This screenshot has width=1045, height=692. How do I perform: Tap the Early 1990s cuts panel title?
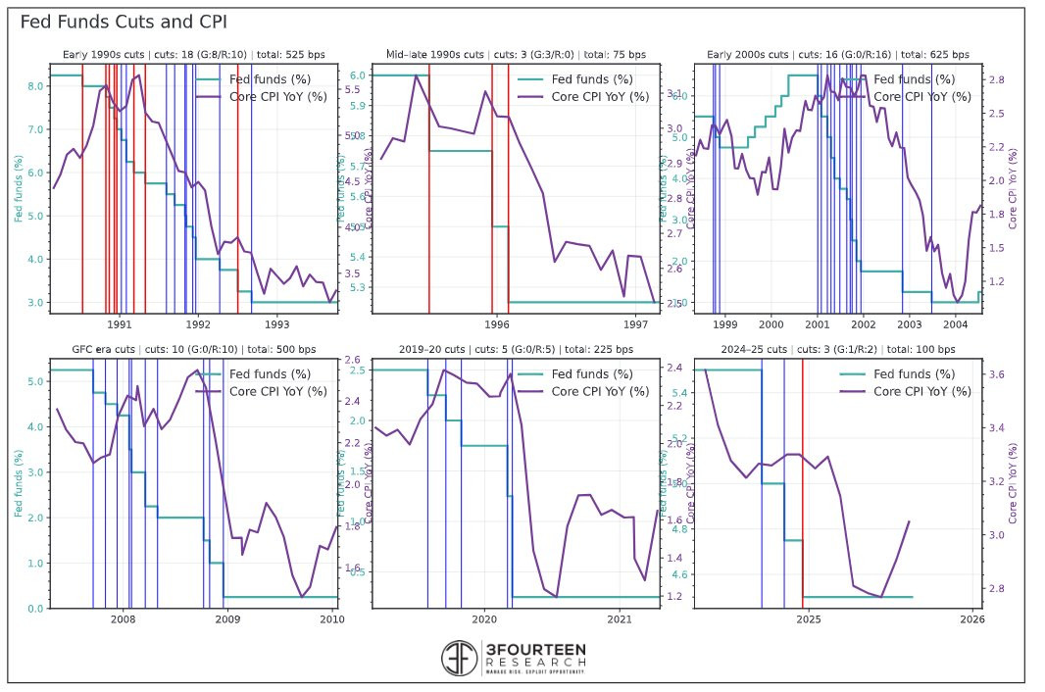point(193,55)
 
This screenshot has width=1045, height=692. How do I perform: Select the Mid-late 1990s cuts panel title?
point(516,55)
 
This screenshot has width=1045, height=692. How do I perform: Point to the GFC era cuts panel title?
point(193,349)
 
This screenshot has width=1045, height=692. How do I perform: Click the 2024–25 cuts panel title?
point(836,349)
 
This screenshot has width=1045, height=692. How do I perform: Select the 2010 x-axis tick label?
point(331,618)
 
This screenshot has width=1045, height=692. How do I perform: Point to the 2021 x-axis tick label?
point(620,618)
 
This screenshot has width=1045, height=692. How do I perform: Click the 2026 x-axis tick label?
point(971,618)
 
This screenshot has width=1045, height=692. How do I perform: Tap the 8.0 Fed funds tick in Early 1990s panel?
point(35,86)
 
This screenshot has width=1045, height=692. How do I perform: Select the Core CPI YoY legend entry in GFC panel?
point(278,391)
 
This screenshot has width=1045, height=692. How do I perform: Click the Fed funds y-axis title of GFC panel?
point(19,483)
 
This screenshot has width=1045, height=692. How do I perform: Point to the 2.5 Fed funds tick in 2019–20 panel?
point(357,370)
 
